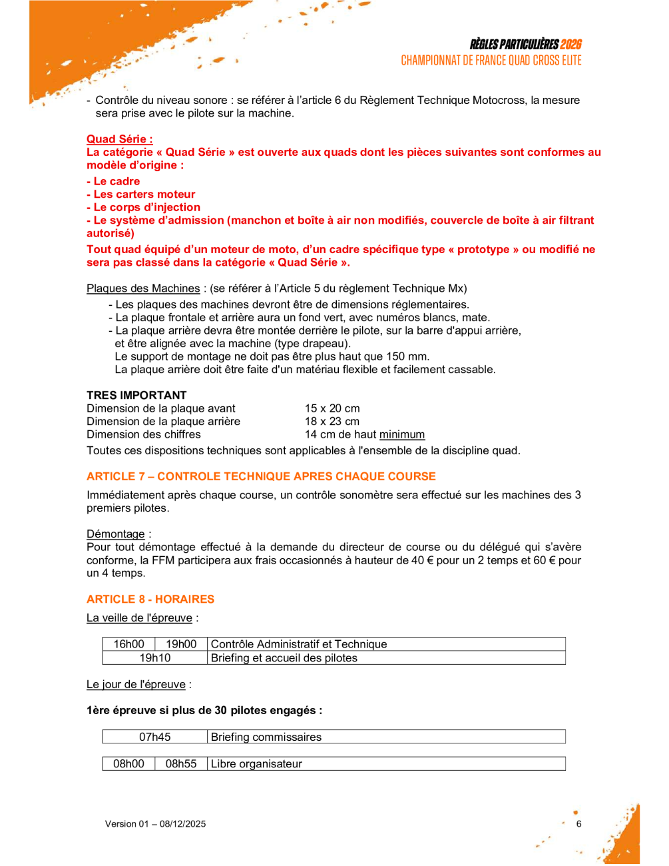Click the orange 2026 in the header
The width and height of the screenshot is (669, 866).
coord(570,45)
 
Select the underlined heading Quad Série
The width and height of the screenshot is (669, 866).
coord(119,139)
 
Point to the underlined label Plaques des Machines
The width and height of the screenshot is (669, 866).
coord(143,288)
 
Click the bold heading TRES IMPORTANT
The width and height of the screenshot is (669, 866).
coord(136,395)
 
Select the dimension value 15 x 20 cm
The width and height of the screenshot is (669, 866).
coord(332,408)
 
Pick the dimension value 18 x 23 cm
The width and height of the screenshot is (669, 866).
coord(332,422)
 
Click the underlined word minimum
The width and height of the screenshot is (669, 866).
coord(402,435)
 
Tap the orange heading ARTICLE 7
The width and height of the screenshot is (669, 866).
coord(261,476)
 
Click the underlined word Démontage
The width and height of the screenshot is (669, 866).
coord(116,534)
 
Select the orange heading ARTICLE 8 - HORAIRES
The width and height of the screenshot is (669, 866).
coord(150,599)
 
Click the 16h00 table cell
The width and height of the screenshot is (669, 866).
coord(128,644)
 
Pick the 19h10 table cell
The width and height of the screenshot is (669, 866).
coord(155,658)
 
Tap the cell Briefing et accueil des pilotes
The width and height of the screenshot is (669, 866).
coord(284,658)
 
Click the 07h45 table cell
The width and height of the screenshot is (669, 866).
coord(155,737)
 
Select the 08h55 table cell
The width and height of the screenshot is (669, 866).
coord(181,764)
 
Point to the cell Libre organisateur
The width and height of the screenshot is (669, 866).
coord(256,764)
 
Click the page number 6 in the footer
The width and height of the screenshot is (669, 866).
coord(579,824)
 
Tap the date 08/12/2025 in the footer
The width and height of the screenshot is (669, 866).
coord(182,824)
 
